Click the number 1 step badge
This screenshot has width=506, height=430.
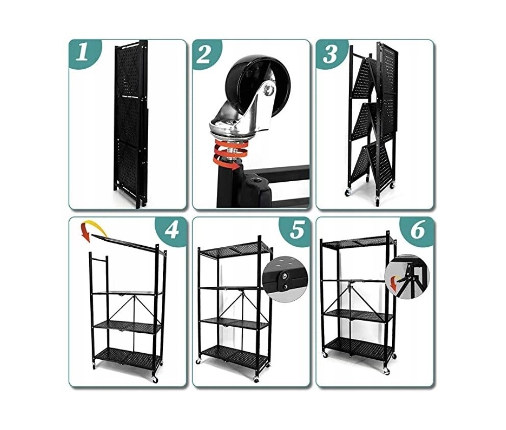click(x=83, y=53)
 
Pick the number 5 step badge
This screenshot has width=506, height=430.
click(x=295, y=231)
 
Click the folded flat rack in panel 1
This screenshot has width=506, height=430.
click(x=130, y=124)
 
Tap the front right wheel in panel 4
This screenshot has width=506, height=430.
click(x=155, y=379)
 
